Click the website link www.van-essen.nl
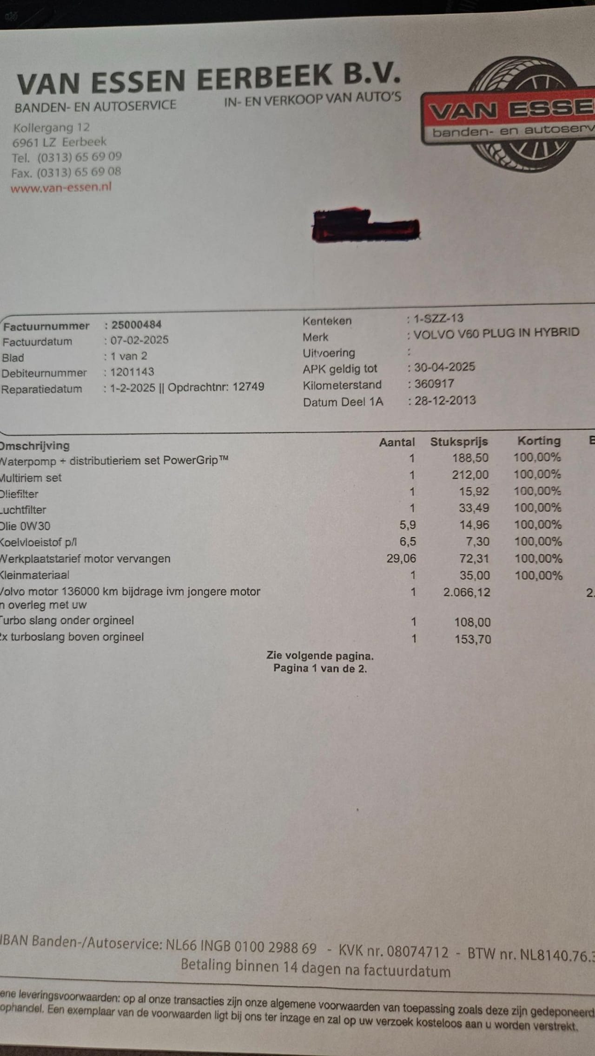pos(61,188)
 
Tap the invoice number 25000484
pos(136,325)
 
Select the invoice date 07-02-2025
pos(139,340)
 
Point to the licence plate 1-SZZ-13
pos(438,318)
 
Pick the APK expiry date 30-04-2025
pos(444,367)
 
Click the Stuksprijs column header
pos(459,442)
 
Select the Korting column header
pos(539,441)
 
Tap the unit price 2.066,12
pos(467,592)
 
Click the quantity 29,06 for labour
pos(401,558)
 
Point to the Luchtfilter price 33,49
pos(474,508)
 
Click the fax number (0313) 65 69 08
pos(79,172)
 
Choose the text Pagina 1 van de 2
pos(320,668)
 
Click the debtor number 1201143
pos(132,372)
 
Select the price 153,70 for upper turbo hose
pos(473,639)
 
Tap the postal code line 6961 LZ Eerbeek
pos(59,142)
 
